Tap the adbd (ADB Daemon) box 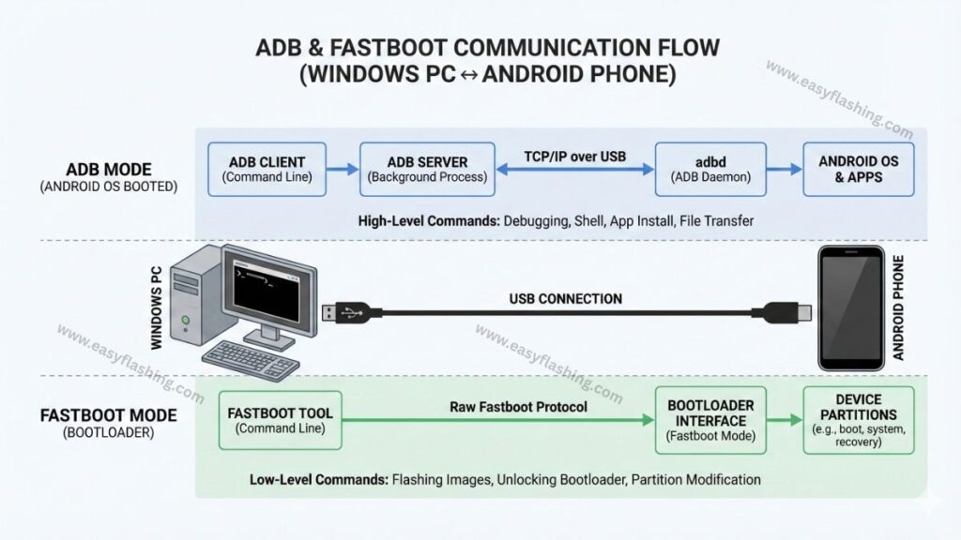coord(709,169)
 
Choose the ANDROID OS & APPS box coord(858,169)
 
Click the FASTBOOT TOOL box coord(280,421)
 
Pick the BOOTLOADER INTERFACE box coord(709,421)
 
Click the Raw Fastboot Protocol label coord(504,407)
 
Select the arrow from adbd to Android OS coord(784,170)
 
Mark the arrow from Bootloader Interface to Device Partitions coord(784,421)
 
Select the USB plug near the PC coord(341,313)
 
